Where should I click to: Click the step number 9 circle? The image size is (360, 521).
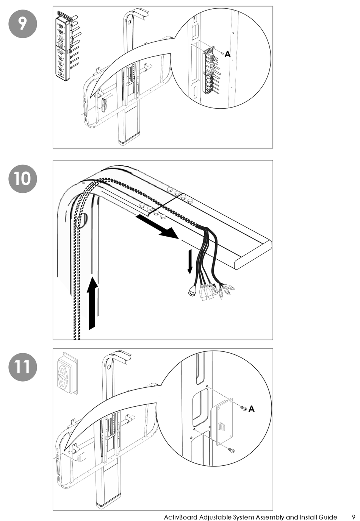[x=22, y=24]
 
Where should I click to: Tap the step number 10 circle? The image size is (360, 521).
[x=22, y=178]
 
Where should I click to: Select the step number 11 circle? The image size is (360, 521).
[x=22, y=367]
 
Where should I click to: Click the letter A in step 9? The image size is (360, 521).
[x=227, y=55]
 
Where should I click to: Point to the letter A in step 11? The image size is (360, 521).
[x=252, y=409]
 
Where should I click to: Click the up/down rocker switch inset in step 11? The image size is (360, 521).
[x=67, y=373]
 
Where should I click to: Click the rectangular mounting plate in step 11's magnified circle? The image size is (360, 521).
[x=224, y=421]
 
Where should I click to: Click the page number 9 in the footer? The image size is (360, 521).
[x=353, y=517]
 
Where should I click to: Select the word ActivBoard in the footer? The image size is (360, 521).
[x=180, y=517]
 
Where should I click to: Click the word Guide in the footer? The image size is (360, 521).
[x=326, y=517]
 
